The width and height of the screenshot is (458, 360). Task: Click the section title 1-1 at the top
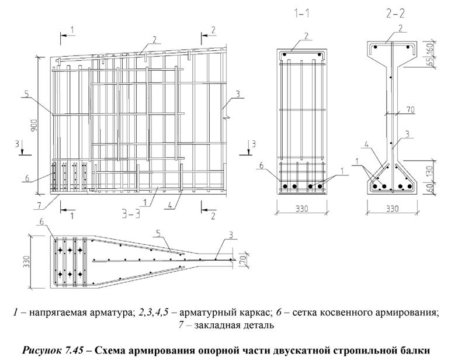(301, 14)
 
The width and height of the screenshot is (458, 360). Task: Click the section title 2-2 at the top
(395, 14)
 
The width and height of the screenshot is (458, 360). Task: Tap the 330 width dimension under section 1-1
(301, 209)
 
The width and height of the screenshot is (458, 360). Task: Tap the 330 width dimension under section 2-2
(392, 209)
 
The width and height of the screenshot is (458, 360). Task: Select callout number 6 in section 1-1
(262, 165)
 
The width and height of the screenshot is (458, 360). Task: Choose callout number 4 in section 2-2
(367, 144)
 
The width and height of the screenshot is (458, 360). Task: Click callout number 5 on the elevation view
(26, 95)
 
